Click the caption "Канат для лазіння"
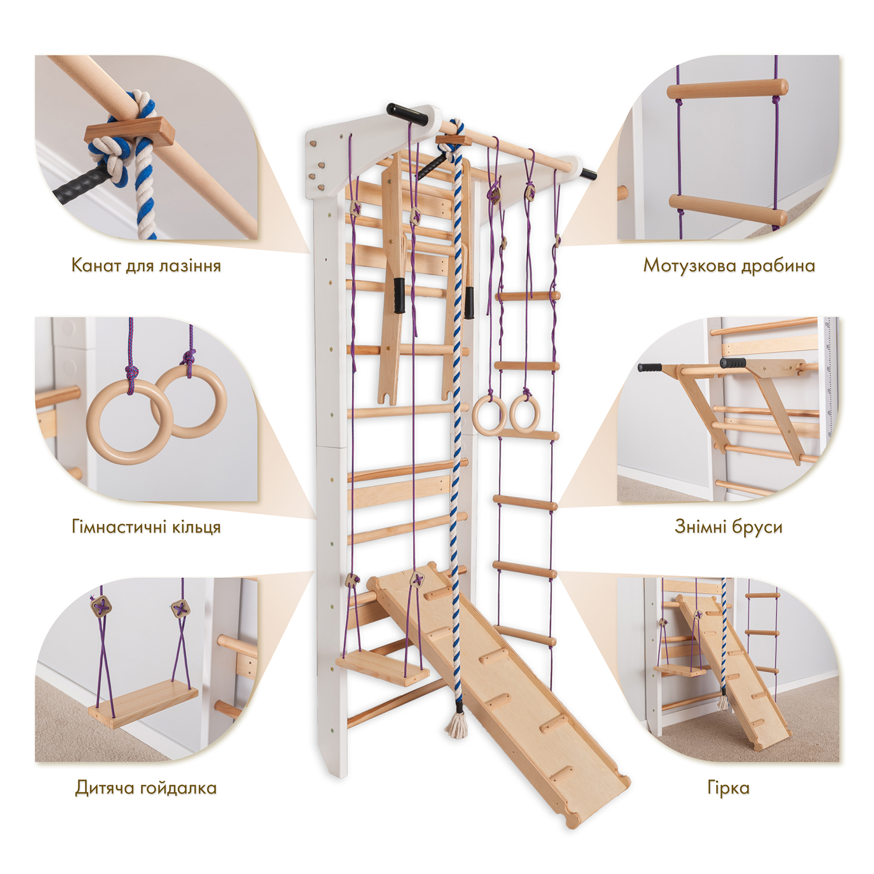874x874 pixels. [x=146, y=266]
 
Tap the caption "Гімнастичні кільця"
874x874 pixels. [x=146, y=527]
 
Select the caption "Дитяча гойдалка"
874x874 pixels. [x=146, y=788]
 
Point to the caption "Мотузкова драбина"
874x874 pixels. [x=729, y=266]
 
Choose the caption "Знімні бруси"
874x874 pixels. [x=728, y=527]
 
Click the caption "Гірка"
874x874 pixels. [x=728, y=788]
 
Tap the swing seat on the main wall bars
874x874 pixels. [x=382, y=667]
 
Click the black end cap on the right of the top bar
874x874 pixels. [x=588, y=173]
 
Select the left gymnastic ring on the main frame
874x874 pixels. [x=489, y=415]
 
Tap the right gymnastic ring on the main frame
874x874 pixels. [x=525, y=415]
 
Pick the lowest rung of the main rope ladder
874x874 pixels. [x=525, y=635]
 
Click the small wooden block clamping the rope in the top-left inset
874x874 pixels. [x=129, y=132]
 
